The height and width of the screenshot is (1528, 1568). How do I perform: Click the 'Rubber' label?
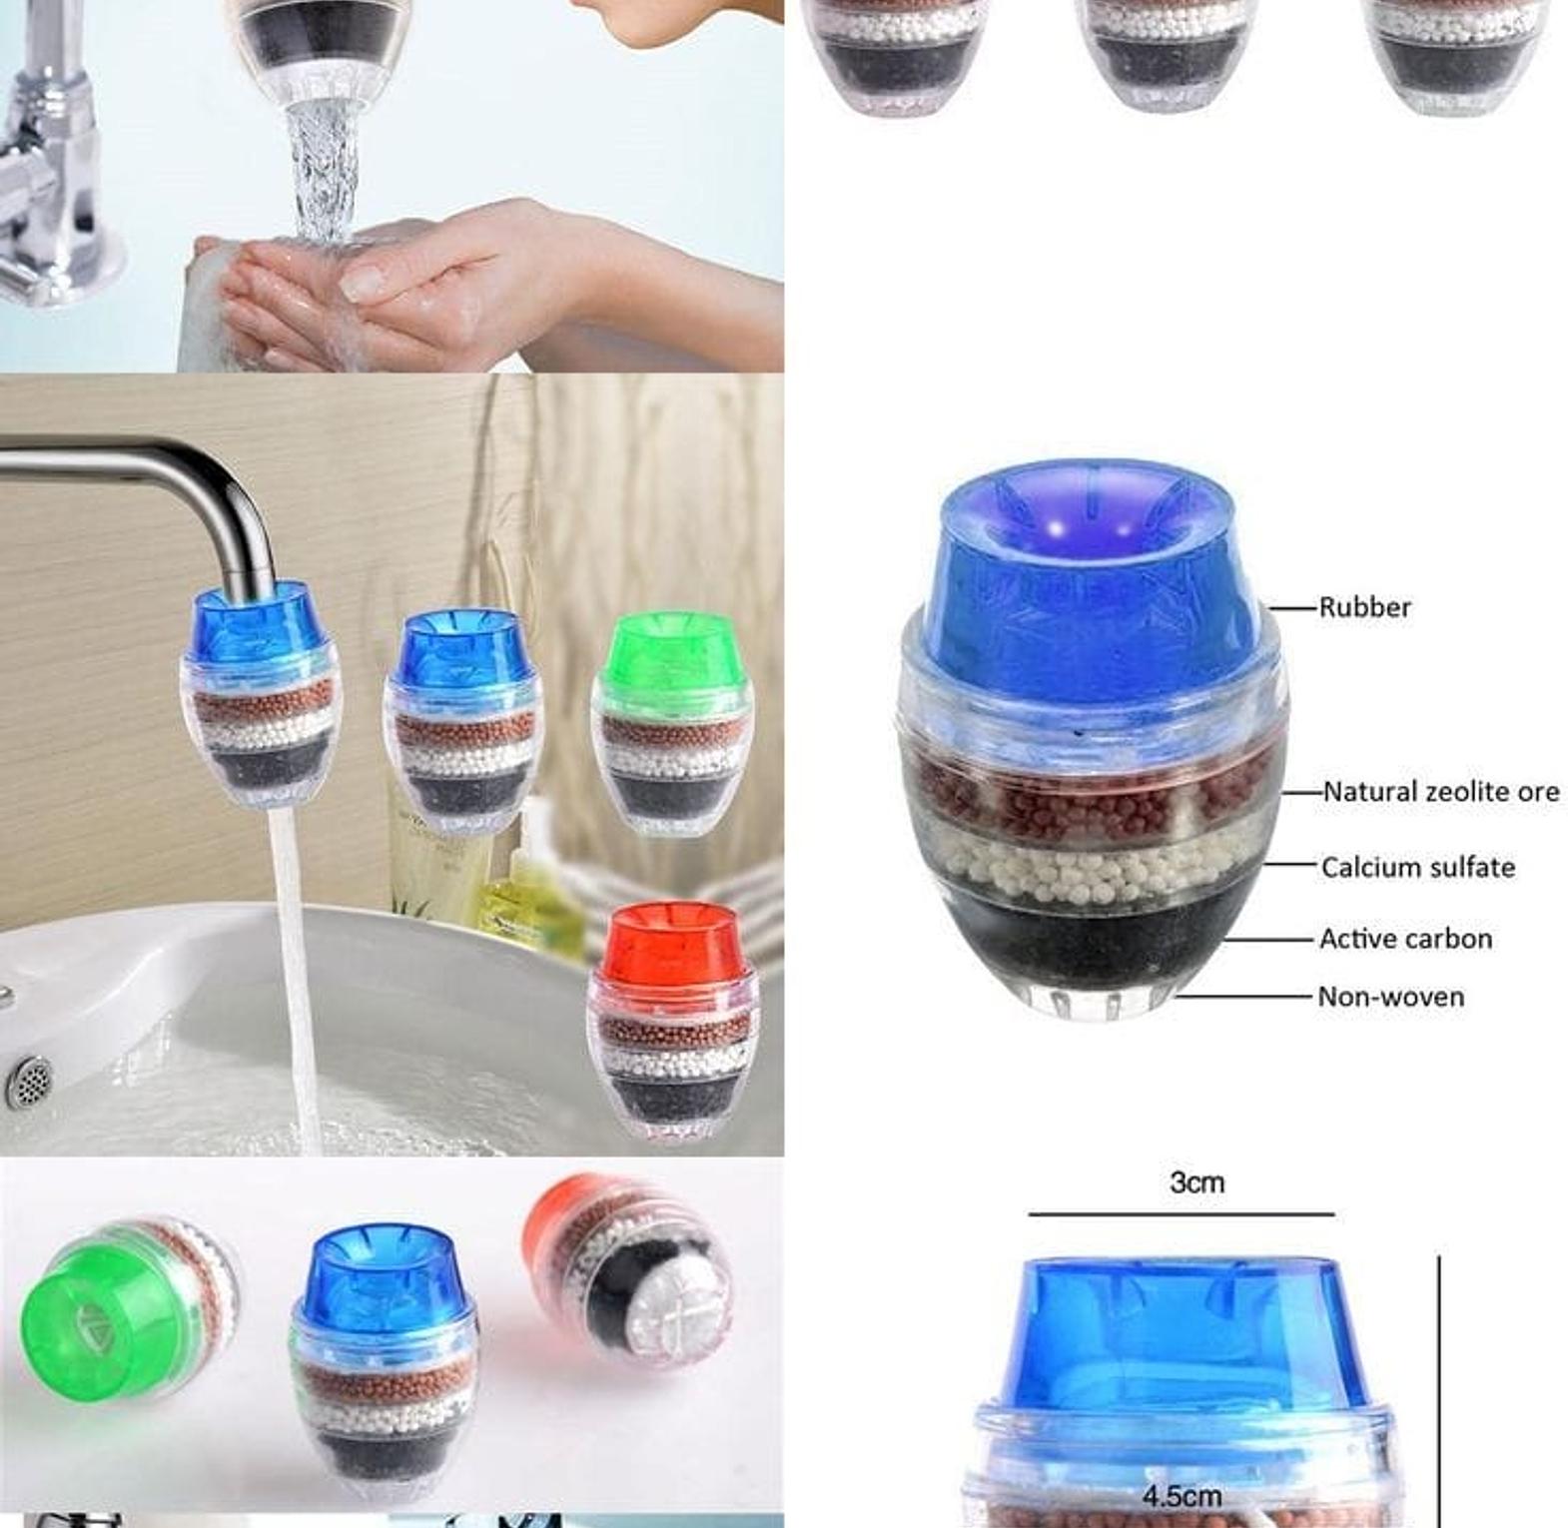(x=1364, y=607)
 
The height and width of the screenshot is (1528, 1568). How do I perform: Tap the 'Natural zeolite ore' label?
(x=1441, y=792)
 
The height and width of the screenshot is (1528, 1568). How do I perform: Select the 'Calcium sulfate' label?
(x=1418, y=867)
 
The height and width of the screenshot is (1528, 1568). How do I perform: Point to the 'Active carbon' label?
(x=1406, y=939)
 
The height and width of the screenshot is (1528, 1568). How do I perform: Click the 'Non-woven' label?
(x=1391, y=997)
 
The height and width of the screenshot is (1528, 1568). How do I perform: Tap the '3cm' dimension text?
(x=1196, y=1182)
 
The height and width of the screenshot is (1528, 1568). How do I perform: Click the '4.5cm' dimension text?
(x=1182, y=1496)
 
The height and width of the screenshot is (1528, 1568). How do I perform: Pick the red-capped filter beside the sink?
(x=673, y=1021)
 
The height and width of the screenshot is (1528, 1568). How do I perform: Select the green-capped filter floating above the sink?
(x=672, y=723)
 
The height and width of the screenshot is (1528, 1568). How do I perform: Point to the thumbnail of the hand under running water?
(x=392, y=186)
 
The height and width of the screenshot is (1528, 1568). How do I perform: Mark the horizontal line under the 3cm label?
(x=1181, y=1214)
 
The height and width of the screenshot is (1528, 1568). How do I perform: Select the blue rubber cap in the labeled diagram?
(x=1091, y=579)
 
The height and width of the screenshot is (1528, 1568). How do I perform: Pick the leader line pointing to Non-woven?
(x=1242, y=997)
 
